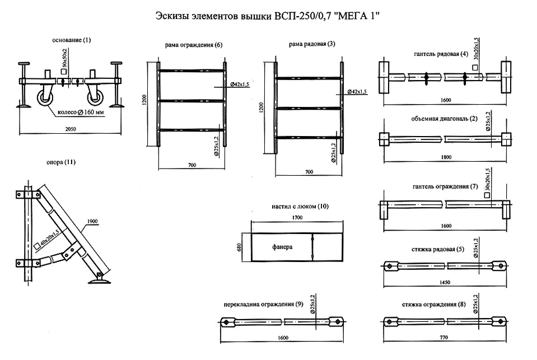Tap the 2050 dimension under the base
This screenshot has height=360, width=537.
71,129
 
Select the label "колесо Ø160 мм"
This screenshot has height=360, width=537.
82,111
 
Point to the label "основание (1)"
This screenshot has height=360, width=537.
71,40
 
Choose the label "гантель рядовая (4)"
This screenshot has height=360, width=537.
441,54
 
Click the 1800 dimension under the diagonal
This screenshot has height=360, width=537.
446,157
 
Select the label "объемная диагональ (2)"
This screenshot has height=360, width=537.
442,119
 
